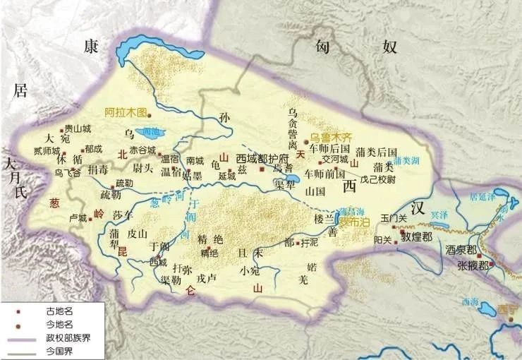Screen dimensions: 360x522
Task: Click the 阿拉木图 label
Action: pyautogui.click(x=125, y=112)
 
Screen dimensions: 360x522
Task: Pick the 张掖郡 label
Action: pyautogui.click(x=471, y=266)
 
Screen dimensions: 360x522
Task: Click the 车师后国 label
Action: pyautogui.click(x=327, y=149)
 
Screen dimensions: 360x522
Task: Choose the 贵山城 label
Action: pyautogui.click(x=78, y=128)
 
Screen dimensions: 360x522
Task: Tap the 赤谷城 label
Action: pyautogui.click(x=142, y=150)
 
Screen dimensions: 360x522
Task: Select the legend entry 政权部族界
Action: pyautogui.click(x=68, y=337)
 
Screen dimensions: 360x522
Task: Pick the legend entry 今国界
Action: pyautogui.click(x=61, y=350)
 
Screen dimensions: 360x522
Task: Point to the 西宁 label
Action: pyautogui.click(x=506, y=308)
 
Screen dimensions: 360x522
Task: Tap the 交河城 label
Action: pyautogui.click(x=335, y=160)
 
